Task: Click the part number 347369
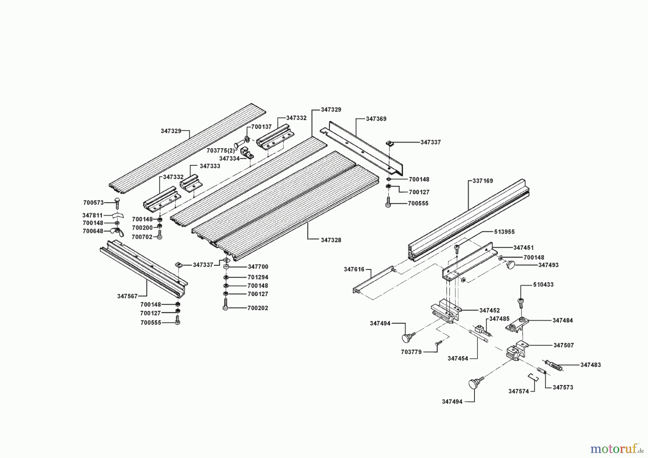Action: click(x=376, y=119)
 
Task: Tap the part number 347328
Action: click(x=331, y=240)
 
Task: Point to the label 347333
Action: click(x=210, y=166)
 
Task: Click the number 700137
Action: click(x=261, y=127)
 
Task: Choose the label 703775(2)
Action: click(x=220, y=151)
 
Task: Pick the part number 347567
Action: click(x=127, y=296)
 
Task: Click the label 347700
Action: click(x=258, y=267)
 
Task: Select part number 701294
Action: click(x=258, y=278)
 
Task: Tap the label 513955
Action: click(x=504, y=232)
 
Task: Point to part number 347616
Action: click(x=354, y=269)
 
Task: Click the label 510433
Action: click(x=543, y=285)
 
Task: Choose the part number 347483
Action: click(x=590, y=365)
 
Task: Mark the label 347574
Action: click(x=519, y=391)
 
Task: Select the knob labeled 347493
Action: click(x=511, y=265)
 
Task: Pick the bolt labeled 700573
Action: click(x=117, y=202)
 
